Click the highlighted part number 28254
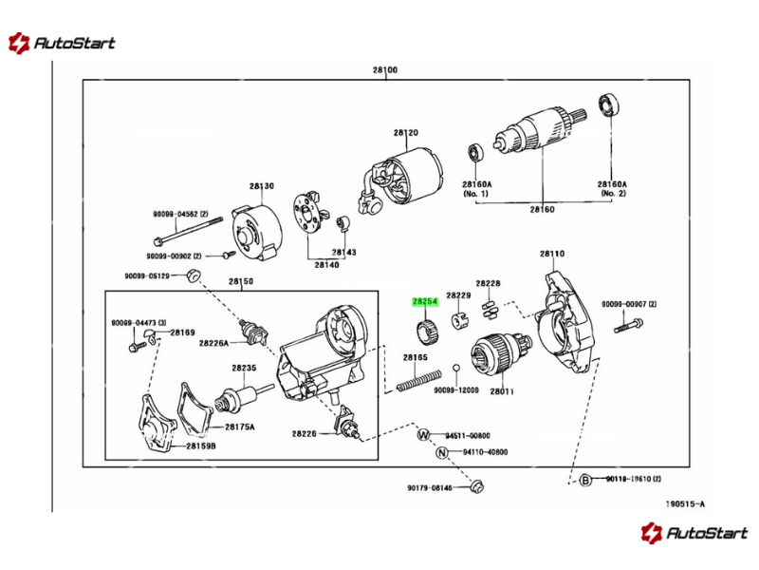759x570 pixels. coord(424,301)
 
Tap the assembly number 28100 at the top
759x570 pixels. coord(384,70)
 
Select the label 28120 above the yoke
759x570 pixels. coord(406,133)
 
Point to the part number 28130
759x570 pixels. coord(262,186)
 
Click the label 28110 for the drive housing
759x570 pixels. coord(552,254)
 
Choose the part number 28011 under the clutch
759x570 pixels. coord(502,390)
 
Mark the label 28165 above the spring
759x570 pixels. coord(415,358)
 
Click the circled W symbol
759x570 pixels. coord(424,435)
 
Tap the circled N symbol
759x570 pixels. coord(441,453)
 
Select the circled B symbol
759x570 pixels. coord(585,480)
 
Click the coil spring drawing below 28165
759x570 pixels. coord(418,379)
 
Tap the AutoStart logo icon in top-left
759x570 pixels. coord(18,43)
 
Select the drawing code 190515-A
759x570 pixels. coord(684,504)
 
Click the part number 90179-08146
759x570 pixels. coord(430,488)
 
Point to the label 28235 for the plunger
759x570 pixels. coord(244,368)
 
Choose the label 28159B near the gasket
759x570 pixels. coord(201,446)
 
